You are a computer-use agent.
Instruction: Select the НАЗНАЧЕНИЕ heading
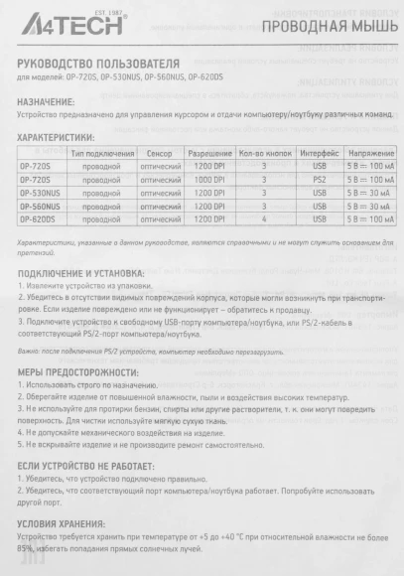click(x=47, y=101)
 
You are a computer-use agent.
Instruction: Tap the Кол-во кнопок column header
click(x=264, y=154)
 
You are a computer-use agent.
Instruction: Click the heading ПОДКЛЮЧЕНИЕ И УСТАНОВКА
click(x=81, y=272)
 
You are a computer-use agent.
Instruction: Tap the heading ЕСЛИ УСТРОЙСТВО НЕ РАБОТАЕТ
click(x=89, y=464)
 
